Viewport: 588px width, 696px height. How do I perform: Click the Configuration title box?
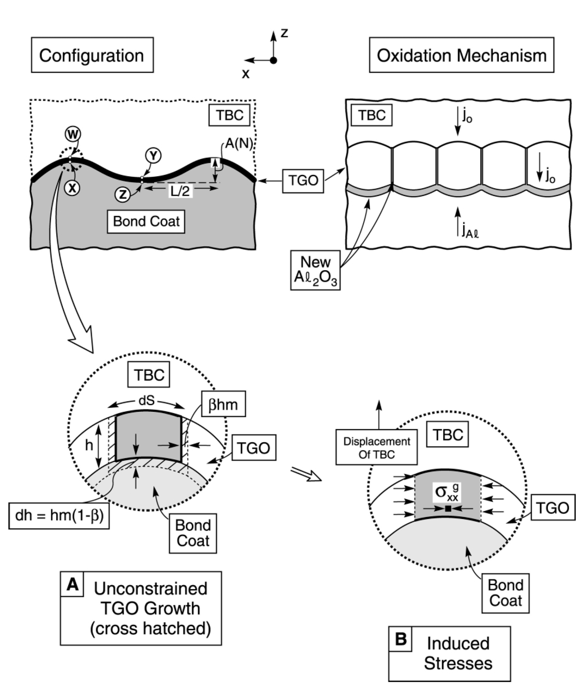tap(92, 55)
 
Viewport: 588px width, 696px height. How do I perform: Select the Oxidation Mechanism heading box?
tap(461, 55)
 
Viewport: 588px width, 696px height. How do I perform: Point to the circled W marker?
tap(73, 134)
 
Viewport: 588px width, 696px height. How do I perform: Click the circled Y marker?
tap(153, 156)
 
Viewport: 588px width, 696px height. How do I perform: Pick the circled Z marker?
tap(123, 194)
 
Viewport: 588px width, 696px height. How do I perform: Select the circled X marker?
tap(72, 188)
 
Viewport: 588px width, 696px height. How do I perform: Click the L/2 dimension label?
tap(180, 192)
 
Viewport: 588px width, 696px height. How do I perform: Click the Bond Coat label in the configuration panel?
tap(146, 221)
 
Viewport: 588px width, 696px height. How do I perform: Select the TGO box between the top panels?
tap(303, 181)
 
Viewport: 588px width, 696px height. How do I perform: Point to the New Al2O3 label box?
tap(315, 270)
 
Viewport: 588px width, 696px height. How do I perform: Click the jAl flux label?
tap(470, 231)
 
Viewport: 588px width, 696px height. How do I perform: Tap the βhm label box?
tap(223, 404)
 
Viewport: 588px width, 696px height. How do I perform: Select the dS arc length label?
tap(146, 401)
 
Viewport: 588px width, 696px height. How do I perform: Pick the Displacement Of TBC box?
tap(377, 447)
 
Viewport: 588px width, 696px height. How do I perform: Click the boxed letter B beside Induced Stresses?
tap(401, 639)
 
